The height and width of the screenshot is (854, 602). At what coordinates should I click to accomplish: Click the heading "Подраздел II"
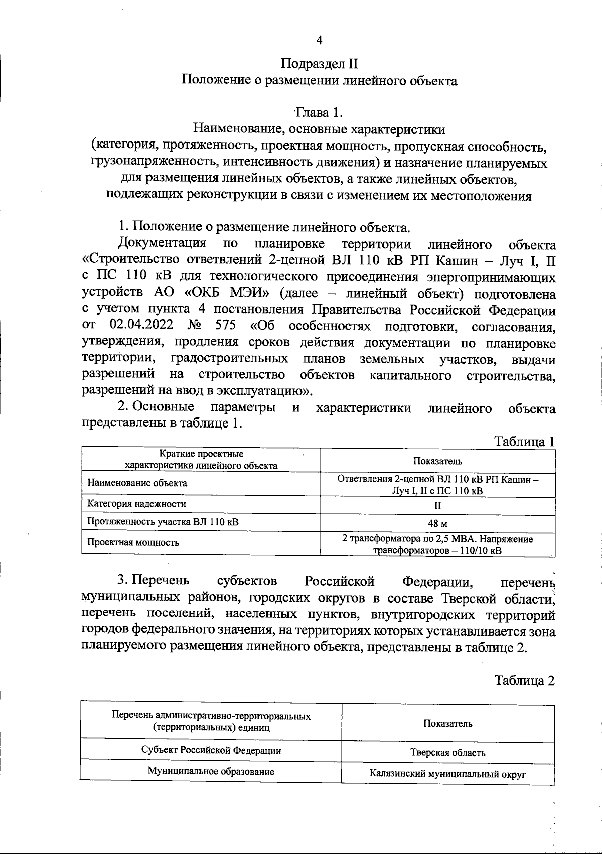[x=319, y=64]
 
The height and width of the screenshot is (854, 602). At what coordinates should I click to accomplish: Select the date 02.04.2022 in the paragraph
[x=141, y=326]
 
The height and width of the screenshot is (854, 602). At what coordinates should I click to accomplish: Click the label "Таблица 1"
[x=525, y=442]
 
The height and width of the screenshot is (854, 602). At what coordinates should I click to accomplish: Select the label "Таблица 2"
[x=525, y=681]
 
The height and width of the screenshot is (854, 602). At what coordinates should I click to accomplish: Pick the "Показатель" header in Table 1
[x=437, y=461]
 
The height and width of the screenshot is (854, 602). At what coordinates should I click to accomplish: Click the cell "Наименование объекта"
[x=137, y=483]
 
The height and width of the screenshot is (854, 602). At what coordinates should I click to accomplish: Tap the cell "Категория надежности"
[x=136, y=504]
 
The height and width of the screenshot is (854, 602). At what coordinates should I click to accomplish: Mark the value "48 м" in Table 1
[x=437, y=523]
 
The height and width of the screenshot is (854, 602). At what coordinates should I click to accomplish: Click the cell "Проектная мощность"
[x=133, y=542]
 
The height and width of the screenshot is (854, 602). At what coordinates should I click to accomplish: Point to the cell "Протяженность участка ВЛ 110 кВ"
[x=163, y=522]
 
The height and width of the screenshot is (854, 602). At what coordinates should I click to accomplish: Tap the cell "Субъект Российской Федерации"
[x=211, y=751]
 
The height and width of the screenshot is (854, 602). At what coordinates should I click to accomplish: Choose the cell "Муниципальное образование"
[x=211, y=772]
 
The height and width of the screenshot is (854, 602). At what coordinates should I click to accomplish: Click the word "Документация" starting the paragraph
[x=162, y=244]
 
